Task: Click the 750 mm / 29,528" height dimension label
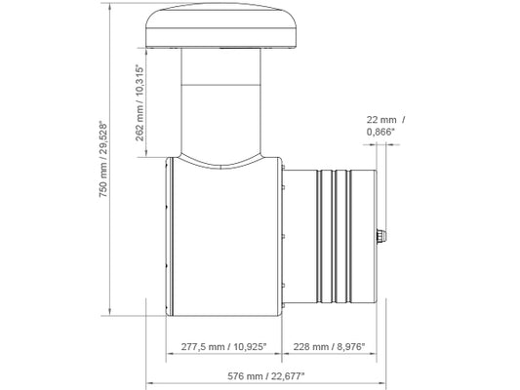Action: (x=104, y=160)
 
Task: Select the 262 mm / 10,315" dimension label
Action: (x=140, y=103)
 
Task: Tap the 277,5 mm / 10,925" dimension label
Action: (x=223, y=347)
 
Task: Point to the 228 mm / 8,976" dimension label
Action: (x=329, y=347)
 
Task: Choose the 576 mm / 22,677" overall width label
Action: (x=266, y=376)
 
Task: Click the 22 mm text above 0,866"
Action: (x=381, y=120)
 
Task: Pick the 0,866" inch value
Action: (x=380, y=132)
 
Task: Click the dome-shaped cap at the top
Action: (x=221, y=25)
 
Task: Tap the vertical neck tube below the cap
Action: (x=220, y=101)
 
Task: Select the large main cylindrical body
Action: (x=223, y=237)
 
